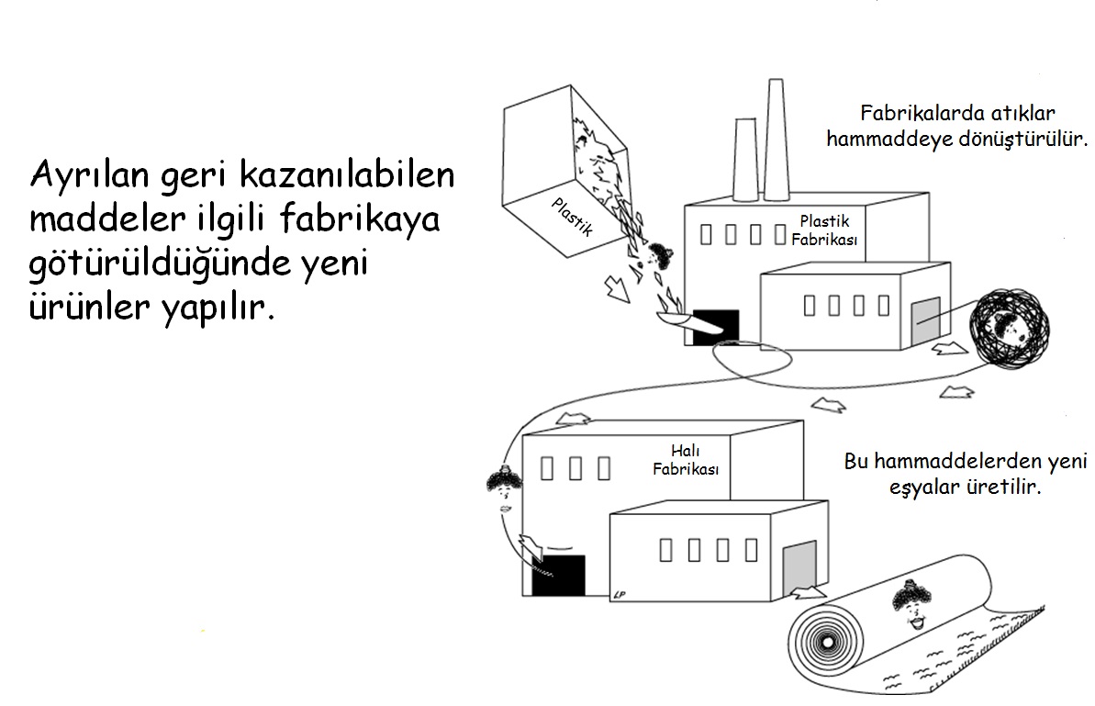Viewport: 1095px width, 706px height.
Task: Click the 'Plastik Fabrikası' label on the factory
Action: tap(823, 230)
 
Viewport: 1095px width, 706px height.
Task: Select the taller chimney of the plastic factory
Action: tap(777, 138)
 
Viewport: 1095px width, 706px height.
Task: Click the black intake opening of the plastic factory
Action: tap(715, 328)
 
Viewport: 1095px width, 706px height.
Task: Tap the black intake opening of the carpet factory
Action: tap(558, 576)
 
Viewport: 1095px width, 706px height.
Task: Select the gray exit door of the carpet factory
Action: tap(799, 562)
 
